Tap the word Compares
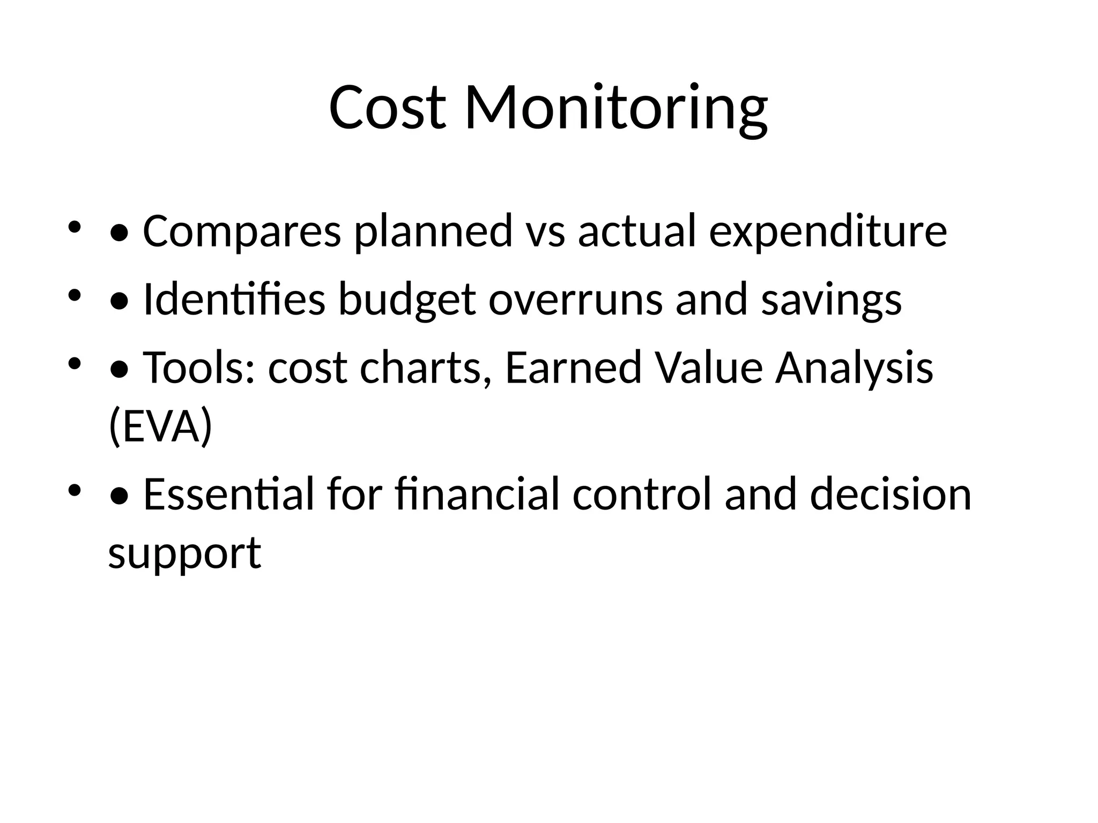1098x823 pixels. coord(242,231)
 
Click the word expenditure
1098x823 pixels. coord(828,231)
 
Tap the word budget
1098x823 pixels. coord(407,300)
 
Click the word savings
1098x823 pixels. coord(831,300)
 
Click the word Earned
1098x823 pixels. coord(573,368)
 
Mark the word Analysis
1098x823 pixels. coord(854,368)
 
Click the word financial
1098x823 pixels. coord(477,495)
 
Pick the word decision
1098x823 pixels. coord(891,495)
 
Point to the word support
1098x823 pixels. coord(184,553)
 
